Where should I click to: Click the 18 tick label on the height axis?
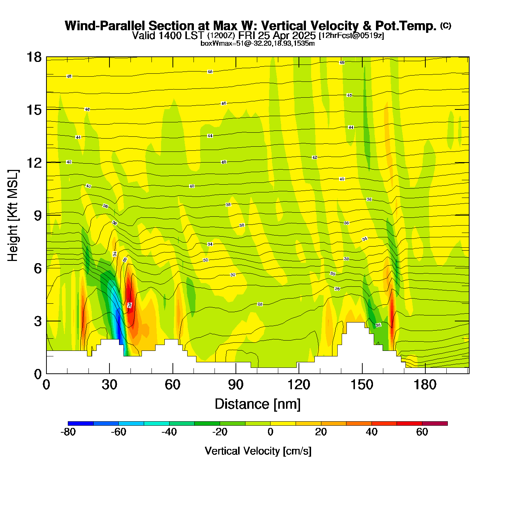click(x=34, y=57)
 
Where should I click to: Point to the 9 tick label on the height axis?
click(x=38, y=216)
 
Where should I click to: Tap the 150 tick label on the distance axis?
click(x=362, y=385)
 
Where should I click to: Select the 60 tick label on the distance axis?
click(x=172, y=385)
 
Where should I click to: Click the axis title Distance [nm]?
click(x=258, y=404)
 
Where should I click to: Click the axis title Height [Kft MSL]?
click(x=13, y=216)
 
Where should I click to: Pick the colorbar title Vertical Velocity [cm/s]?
click(x=258, y=451)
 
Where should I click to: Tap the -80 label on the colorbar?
click(x=68, y=432)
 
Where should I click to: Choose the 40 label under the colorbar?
click(x=372, y=432)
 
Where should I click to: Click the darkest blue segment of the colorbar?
click(x=81, y=423)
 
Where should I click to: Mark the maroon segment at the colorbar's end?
click(x=435, y=423)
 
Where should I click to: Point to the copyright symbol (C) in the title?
click(x=446, y=25)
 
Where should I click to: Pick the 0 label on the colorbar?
click(x=271, y=432)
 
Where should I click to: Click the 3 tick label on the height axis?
click(x=38, y=321)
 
